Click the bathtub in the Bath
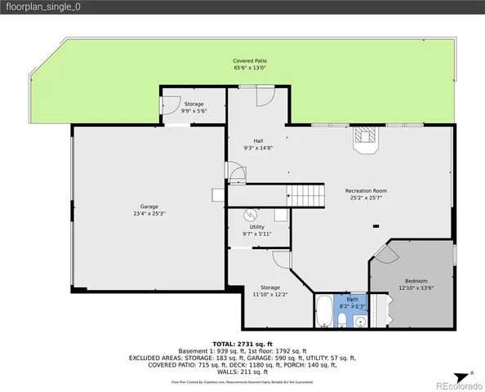323,310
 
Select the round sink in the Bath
359,321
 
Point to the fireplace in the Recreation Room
365,140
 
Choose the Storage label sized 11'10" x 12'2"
270,291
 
